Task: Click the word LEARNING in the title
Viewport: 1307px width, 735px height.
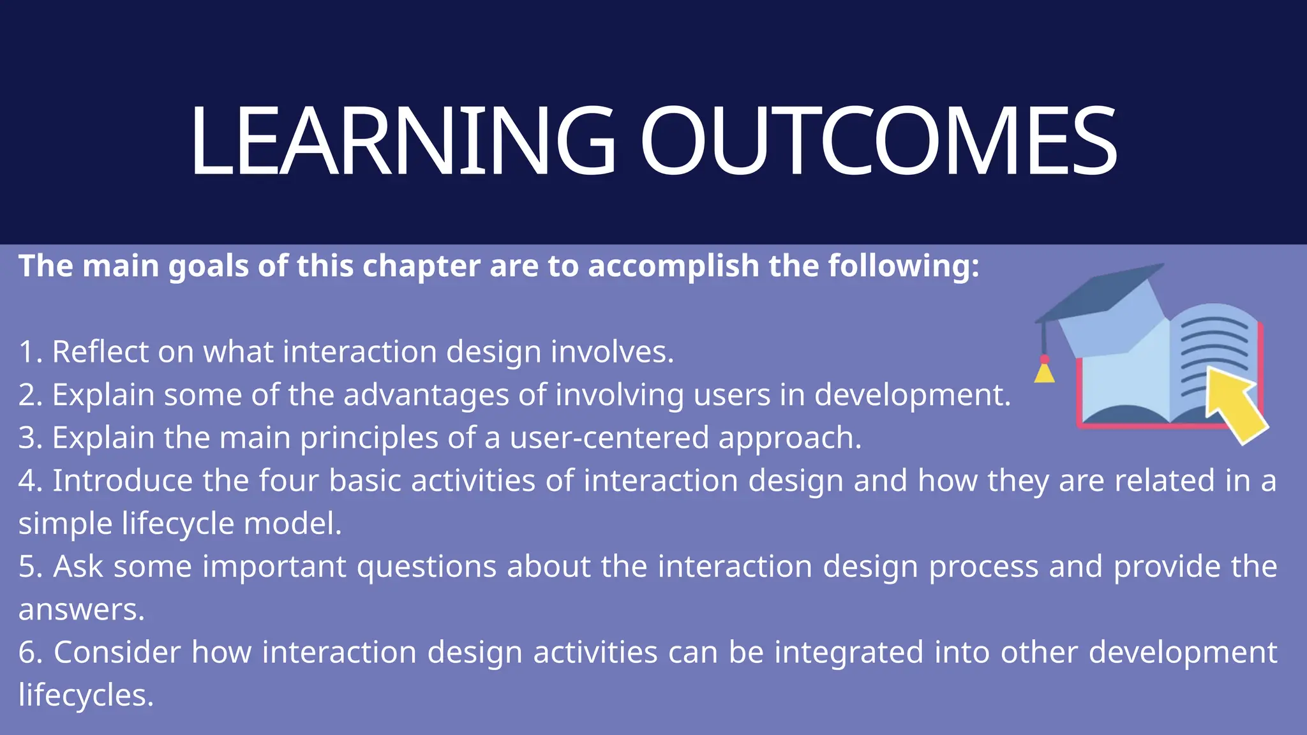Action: point(402,140)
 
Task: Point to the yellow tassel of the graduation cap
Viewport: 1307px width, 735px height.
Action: point(1044,372)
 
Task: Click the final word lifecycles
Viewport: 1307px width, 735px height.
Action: point(86,695)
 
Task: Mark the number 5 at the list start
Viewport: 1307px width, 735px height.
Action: point(27,567)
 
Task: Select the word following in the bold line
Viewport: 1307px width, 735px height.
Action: point(902,266)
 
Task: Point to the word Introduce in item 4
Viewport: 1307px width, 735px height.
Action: point(122,480)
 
